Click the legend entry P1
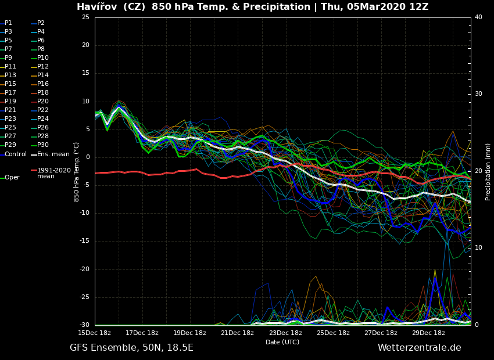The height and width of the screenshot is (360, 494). click(8, 23)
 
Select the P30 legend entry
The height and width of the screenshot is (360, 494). click(43, 145)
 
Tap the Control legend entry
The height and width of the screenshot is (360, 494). click(16, 154)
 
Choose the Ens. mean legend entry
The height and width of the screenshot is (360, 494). click(53, 154)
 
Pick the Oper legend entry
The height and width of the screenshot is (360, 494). click(12, 178)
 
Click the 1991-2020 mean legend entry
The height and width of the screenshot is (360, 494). click(53, 173)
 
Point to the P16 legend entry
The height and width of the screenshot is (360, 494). click(43, 84)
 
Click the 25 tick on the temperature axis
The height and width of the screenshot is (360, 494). click(85, 17)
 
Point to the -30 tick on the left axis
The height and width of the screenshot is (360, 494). click(84, 325)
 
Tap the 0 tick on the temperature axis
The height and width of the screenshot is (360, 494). click(87, 157)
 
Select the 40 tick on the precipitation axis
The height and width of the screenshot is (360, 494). click(478, 17)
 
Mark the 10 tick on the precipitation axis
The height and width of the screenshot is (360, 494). click(478, 248)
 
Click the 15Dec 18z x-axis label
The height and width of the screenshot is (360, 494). click(95, 333)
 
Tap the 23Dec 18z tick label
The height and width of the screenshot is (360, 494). click(285, 333)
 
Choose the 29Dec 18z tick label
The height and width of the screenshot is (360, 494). click(428, 333)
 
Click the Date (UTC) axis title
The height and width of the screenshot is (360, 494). click(282, 343)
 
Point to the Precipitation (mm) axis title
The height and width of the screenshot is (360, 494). click(488, 172)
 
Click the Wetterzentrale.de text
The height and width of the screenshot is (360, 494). click(419, 348)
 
